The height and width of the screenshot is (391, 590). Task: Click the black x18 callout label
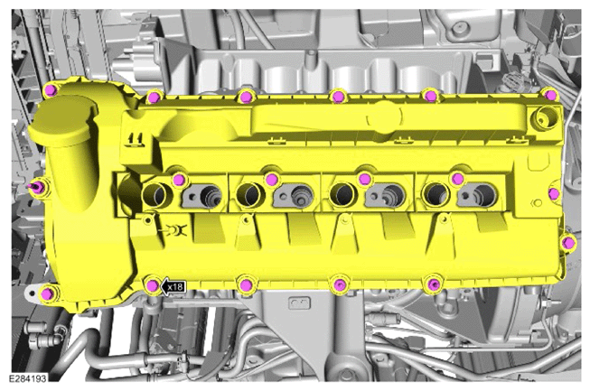(173, 287)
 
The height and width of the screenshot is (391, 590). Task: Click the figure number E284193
(28, 378)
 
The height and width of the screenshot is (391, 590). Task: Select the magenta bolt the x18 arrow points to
(153, 286)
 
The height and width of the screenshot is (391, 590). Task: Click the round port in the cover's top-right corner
(545, 118)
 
